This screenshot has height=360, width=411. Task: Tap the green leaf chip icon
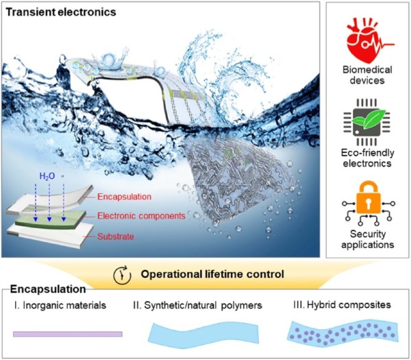point(367,122)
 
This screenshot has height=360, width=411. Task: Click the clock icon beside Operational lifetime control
point(122,275)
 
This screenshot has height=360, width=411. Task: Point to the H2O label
point(47,176)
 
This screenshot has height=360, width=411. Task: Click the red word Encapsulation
point(124,197)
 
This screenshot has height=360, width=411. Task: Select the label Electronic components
point(141,216)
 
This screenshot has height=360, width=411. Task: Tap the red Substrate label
point(116,237)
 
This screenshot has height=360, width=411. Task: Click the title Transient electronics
point(61,12)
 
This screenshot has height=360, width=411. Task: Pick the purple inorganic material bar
point(68,334)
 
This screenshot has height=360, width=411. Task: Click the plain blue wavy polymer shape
point(203,333)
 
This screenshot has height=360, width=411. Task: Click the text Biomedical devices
point(367,75)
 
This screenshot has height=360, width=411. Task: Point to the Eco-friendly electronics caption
point(367,158)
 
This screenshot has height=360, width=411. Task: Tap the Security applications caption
point(367,239)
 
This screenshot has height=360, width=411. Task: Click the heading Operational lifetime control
point(212,274)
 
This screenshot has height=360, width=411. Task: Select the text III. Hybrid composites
point(342,305)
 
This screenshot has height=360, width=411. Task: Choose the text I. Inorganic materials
point(60,305)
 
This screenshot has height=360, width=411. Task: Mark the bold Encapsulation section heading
point(48,289)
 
